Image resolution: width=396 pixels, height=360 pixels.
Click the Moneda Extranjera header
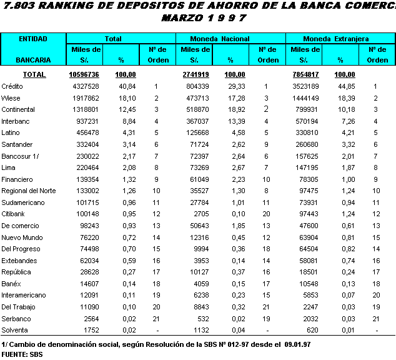point(340,39)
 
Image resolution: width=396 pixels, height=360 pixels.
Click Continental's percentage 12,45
point(127,109)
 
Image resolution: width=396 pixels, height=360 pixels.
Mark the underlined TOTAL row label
point(34,74)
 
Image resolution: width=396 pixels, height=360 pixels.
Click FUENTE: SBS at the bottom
point(17,354)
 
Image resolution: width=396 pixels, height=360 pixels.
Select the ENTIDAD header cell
point(33,39)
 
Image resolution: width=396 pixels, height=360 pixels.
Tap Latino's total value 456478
point(88,132)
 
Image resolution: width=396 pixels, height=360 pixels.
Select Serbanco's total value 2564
point(91,319)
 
